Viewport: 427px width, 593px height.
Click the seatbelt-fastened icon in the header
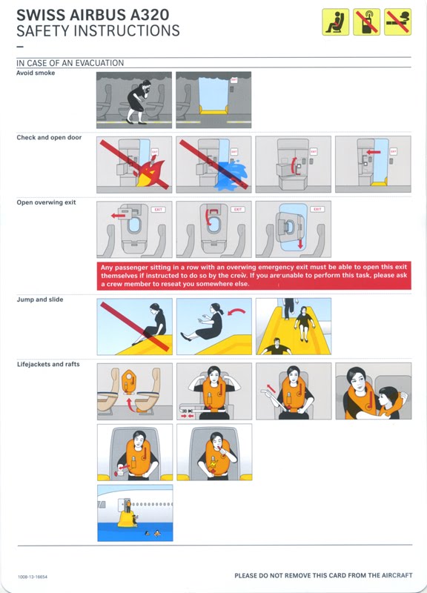click(x=336, y=22)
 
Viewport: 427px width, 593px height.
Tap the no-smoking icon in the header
click(x=397, y=22)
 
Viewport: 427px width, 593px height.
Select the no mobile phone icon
click(x=366, y=22)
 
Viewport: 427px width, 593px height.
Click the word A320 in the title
click(x=150, y=15)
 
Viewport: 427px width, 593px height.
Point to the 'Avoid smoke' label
click(x=36, y=73)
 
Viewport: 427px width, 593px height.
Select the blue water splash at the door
click(x=231, y=174)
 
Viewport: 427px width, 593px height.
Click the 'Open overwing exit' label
click(x=46, y=202)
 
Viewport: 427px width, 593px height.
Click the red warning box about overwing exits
click(x=254, y=275)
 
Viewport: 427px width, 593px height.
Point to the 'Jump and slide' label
click(x=40, y=299)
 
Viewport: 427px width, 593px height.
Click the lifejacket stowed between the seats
click(x=128, y=381)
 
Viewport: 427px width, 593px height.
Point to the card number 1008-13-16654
click(x=33, y=577)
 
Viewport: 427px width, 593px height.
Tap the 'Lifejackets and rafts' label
click(x=48, y=364)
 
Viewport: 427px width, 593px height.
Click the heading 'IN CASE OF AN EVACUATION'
click(x=70, y=63)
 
